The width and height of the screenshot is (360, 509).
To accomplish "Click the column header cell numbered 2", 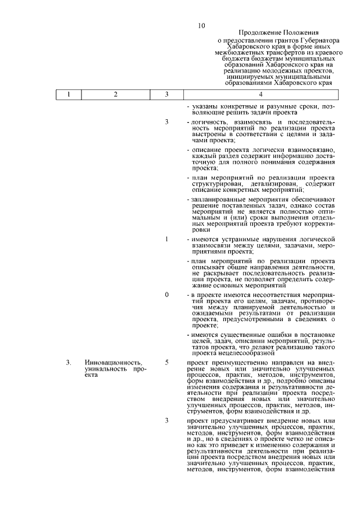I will pos(115,94).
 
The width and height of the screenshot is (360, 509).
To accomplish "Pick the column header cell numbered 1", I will pos(68,94).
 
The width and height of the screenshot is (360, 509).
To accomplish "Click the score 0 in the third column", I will pos(166,295).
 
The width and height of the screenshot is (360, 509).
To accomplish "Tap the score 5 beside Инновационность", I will pos(166,363).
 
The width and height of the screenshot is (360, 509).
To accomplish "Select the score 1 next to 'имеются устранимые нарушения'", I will pos(166,240).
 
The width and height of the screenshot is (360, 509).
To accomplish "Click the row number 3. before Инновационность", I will pos(68,363).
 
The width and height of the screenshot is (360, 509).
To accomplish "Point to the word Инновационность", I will pos(112,363).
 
